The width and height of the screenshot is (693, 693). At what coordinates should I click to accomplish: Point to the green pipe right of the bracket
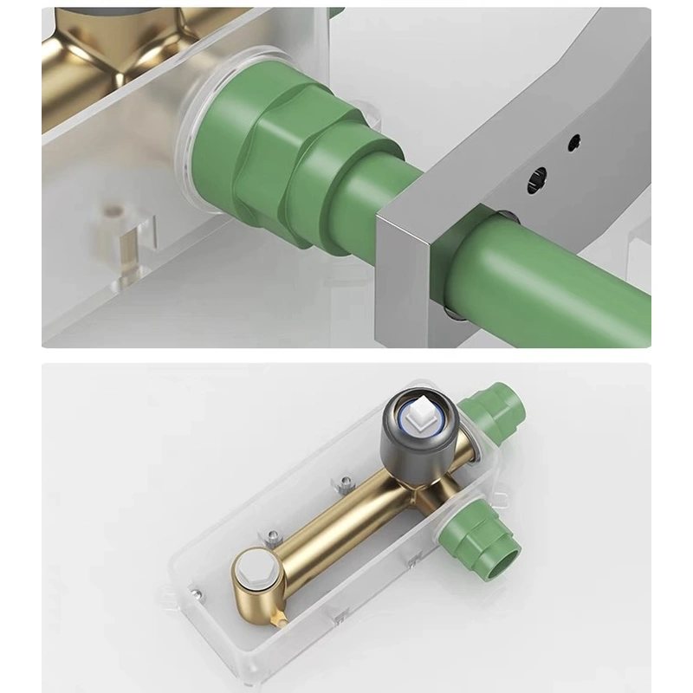pyautogui.click(x=563, y=277)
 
